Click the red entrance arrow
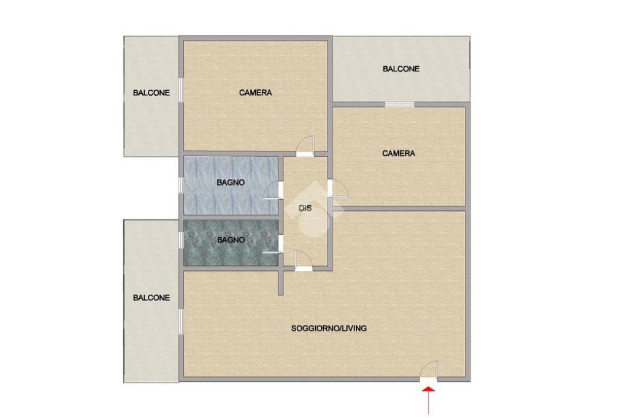[429, 400]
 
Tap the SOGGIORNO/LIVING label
[329, 329]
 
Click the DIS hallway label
[305, 208]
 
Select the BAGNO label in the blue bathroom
[231, 183]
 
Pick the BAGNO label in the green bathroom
[231, 240]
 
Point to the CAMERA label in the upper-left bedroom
[256, 93]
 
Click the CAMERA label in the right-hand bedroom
[399, 153]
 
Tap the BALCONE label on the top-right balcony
[401, 69]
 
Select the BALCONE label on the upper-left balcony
[151, 93]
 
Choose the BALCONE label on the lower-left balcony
[151, 298]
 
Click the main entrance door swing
[429, 370]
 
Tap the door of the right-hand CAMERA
[338, 189]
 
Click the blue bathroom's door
[273, 190]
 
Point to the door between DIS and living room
[304, 260]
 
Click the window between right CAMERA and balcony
[400, 104]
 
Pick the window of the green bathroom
[181, 240]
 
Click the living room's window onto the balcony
[181, 321]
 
